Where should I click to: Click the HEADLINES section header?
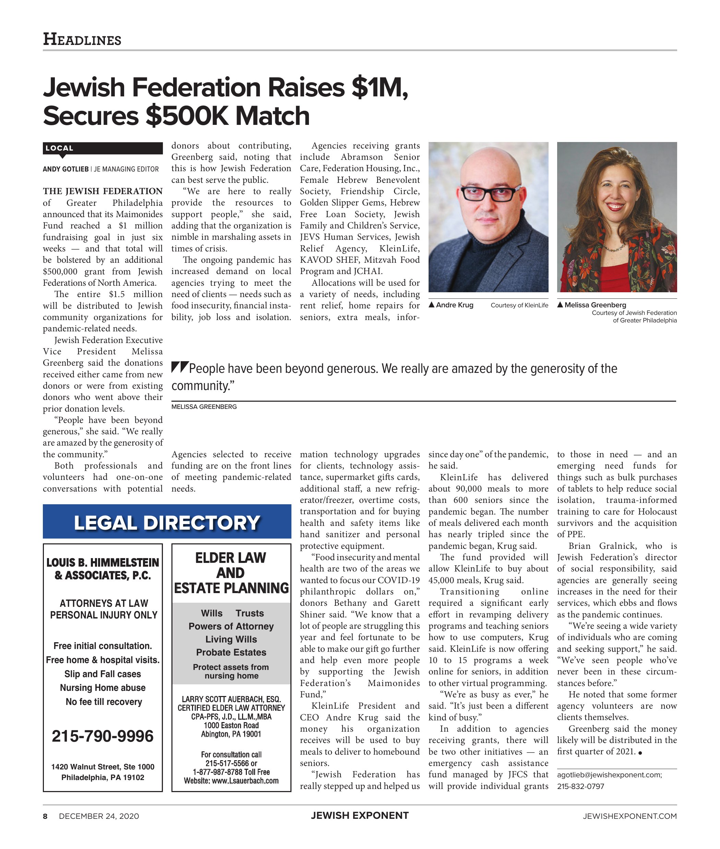(82, 39)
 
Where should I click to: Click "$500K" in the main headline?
(187, 116)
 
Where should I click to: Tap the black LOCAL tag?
(60, 148)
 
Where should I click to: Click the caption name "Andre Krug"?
(454, 305)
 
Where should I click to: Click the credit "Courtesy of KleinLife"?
(519, 305)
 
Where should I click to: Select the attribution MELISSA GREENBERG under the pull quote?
(204, 407)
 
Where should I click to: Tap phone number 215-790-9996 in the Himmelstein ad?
(103, 736)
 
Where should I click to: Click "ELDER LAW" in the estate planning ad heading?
(231, 557)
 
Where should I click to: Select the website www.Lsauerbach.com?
(242, 781)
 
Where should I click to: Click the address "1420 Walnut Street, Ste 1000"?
(103, 767)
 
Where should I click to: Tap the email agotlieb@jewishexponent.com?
(609, 775)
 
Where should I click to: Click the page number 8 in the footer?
(45, 816)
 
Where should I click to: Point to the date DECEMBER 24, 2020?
(99, 816)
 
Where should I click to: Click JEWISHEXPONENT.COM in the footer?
(629, 816)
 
